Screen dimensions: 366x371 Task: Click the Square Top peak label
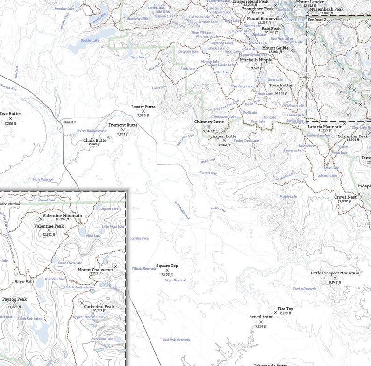pos(167,266)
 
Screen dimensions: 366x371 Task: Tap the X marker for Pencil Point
pos(261,322)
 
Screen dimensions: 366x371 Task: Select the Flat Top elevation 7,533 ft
pos(285,314)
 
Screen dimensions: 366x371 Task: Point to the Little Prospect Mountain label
pos(335,273)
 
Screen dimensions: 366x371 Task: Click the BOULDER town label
pos(69,122)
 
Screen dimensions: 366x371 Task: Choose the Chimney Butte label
pos(209,122)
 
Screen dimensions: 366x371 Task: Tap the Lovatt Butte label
pos(143,107)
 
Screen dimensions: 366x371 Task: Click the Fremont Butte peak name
pos(122,125)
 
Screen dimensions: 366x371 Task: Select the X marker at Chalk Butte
pos(108,137)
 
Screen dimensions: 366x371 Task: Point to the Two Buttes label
pos(10,114)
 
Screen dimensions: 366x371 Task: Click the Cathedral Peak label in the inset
pos(99,307)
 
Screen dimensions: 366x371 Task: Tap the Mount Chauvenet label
pos(95,270)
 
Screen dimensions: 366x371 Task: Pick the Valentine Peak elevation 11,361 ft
pos(49,234)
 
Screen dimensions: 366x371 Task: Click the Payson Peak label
pos(14,299)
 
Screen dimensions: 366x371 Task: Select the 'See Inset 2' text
pos(317,20)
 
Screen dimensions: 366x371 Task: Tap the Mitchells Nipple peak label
pos(256,60)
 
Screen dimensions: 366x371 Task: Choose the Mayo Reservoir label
pos(176,280)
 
